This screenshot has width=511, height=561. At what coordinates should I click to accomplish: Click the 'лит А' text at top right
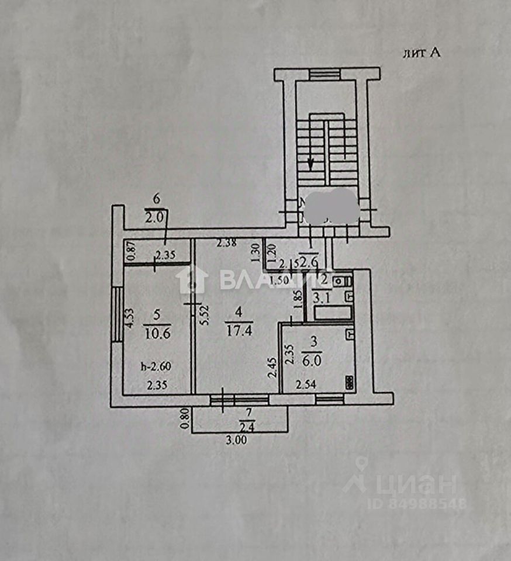click(421, 53)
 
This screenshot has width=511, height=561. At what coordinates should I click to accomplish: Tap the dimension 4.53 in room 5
click(130, 321)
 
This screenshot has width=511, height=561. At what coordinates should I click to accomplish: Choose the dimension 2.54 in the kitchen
click(306, 385)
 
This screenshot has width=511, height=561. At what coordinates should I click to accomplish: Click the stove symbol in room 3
click(350, 382)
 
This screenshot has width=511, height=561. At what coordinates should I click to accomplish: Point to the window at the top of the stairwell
click(324, 74)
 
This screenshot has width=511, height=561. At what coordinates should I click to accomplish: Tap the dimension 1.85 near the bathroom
click(298, 303)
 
